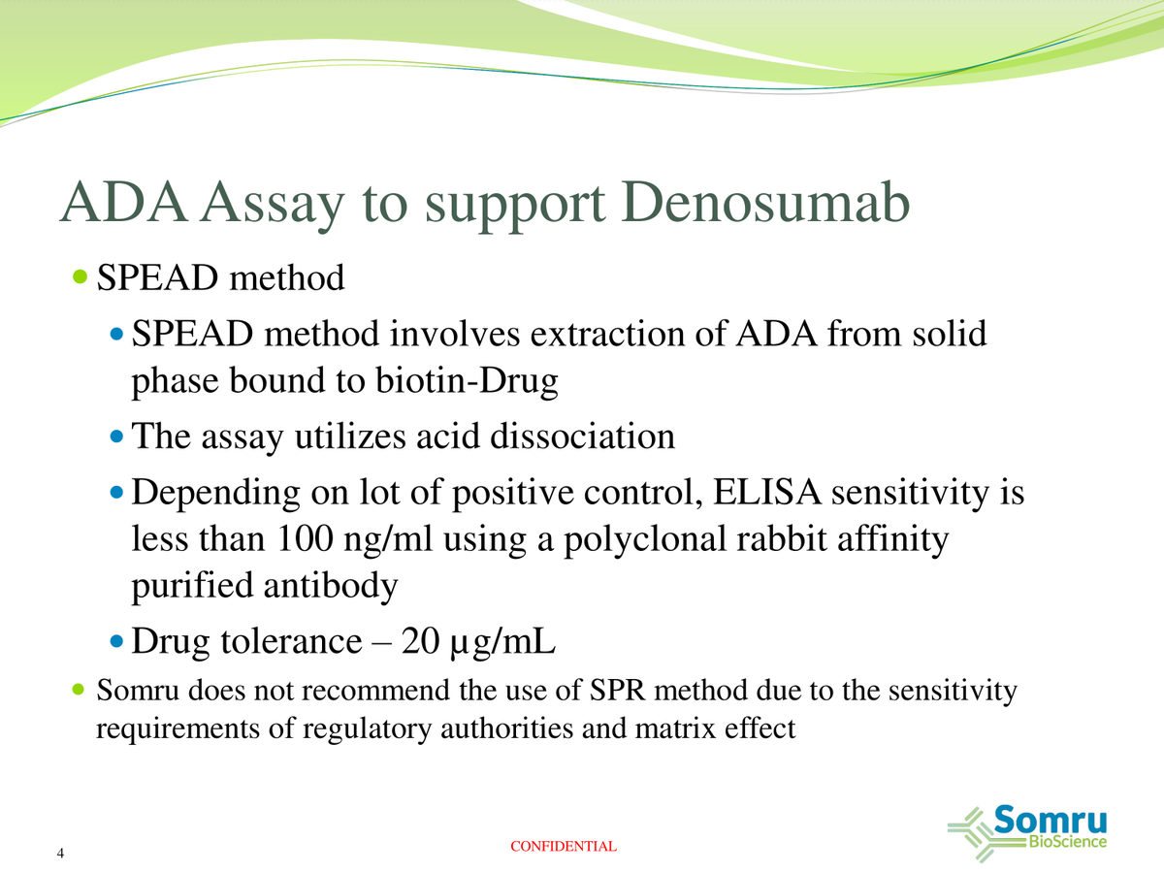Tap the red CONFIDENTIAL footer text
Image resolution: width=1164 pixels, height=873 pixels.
click(563, 847)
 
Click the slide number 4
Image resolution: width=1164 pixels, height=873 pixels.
click(61, 854)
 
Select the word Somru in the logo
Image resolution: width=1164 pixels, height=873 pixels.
click(1051, 820)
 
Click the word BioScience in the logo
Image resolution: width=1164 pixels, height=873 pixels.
click(1064, 842)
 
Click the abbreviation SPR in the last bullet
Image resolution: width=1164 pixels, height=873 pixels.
click(617, 692)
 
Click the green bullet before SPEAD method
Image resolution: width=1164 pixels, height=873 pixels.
click(81, 278)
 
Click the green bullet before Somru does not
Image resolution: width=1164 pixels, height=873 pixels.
click(81, 692)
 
